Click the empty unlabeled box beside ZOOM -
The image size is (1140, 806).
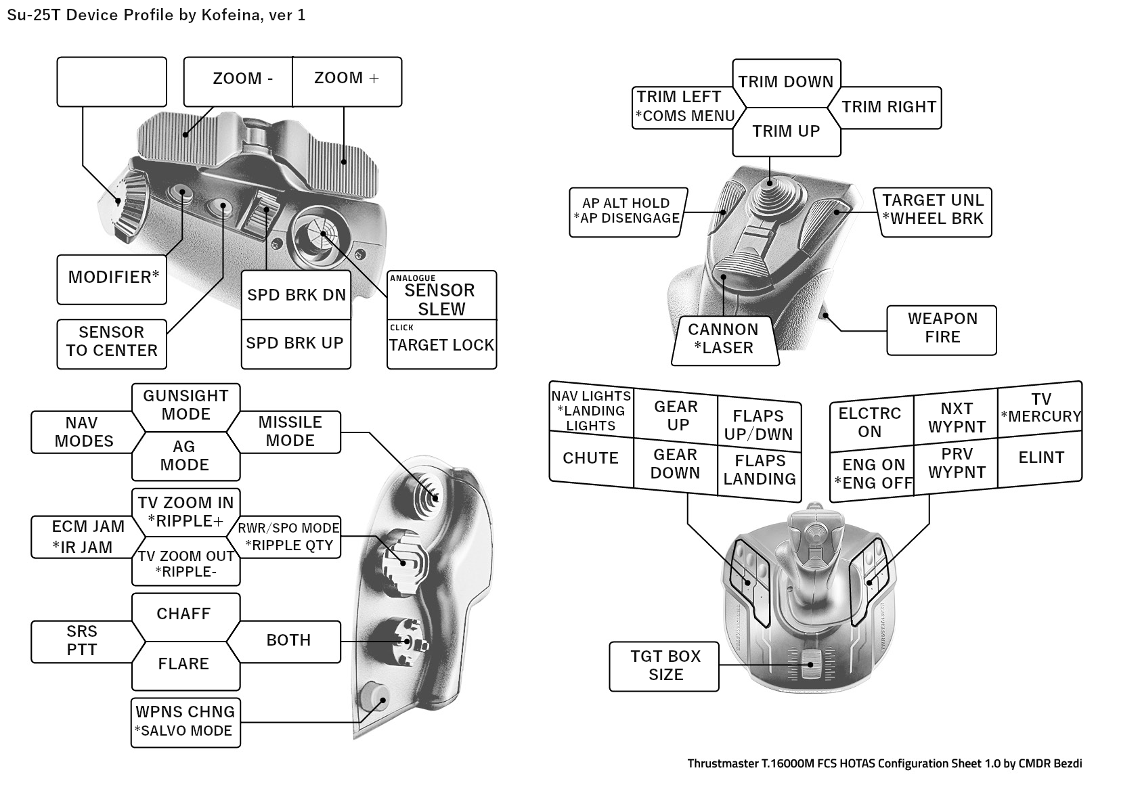coord(111,82)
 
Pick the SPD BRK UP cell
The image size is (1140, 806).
coord(296,344)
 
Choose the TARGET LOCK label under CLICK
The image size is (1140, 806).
coord(441,346)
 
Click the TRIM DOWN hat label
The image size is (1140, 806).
coord(786,82)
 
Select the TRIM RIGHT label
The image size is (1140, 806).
coord(889,107)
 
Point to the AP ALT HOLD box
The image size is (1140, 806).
coord(626,211)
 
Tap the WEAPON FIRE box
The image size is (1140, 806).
coord(942,329)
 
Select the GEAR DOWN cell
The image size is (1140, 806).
coord(675,464)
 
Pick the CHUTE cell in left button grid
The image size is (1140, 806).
coord(591,459)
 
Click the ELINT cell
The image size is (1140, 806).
coord(1040,458)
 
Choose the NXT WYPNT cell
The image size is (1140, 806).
coord(957,418)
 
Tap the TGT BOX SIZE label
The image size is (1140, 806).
coord(665,666)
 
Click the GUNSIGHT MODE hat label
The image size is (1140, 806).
coord(185,405)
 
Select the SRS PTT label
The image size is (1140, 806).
coord(82,641)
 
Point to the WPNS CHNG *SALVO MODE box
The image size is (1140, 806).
coord(185,722)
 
